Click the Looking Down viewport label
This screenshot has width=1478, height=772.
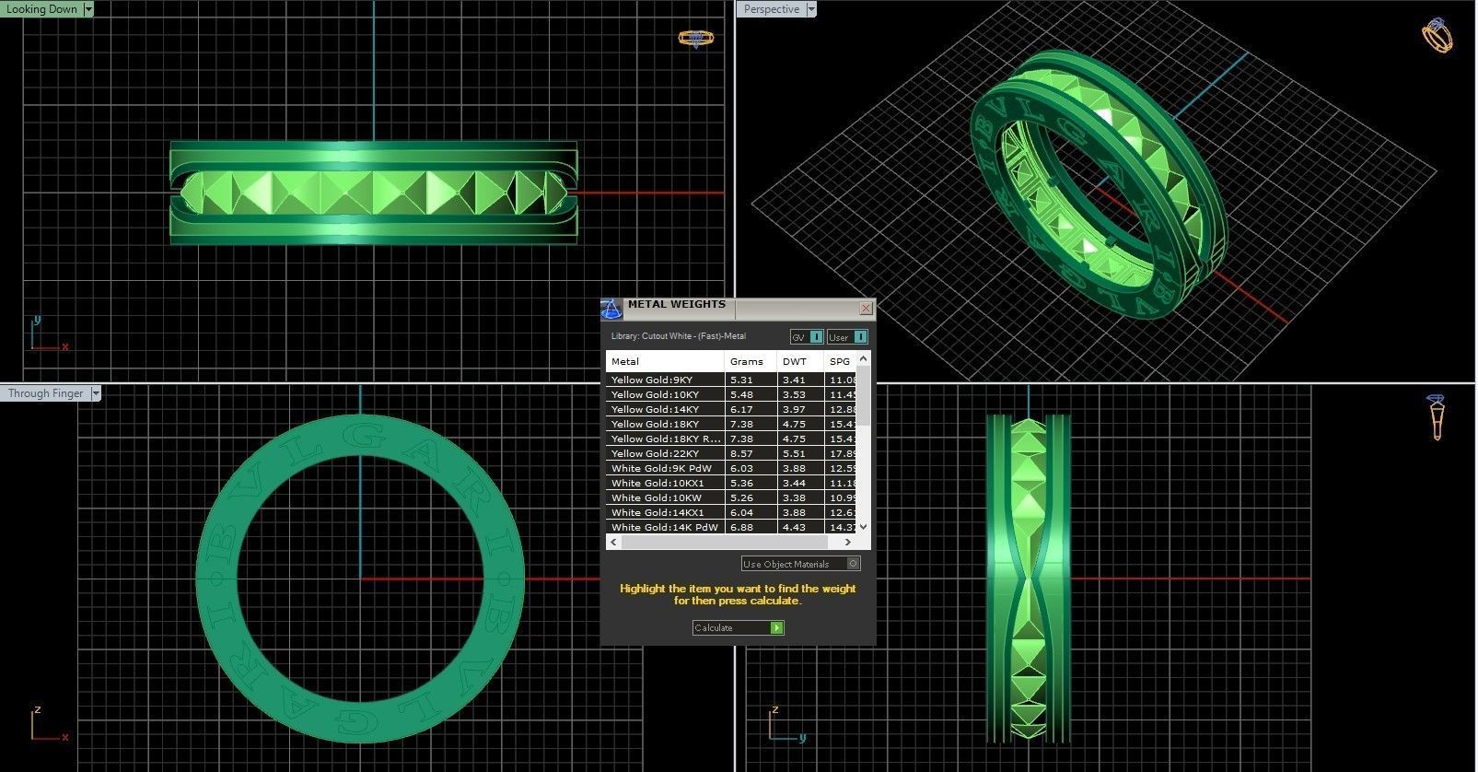tap(41, 9)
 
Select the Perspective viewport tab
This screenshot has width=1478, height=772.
tap(771, 9)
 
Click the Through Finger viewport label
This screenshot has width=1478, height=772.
tap(45, 393)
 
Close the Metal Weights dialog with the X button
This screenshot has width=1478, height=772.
tap(866, 308)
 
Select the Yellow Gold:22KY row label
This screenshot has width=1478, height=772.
tap(655, 453)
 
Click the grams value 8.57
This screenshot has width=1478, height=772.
tap(741, 453)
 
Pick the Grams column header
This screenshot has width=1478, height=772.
tap(747, 361)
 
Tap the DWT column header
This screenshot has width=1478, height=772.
tap(795, 361)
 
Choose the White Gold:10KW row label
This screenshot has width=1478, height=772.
tap(656, 497)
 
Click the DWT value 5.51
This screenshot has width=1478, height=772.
tap(794, 453)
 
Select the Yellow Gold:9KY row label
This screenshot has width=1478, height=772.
tap(652, 380)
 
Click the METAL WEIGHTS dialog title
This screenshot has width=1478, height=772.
tap(677, 305)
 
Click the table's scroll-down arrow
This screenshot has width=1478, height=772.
tap(863, 527)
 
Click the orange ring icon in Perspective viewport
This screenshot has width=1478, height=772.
tap(1437, 37)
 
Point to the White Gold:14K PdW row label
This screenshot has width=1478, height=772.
tap(664, 527)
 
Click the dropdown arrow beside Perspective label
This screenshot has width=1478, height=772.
tap(811, 9)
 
